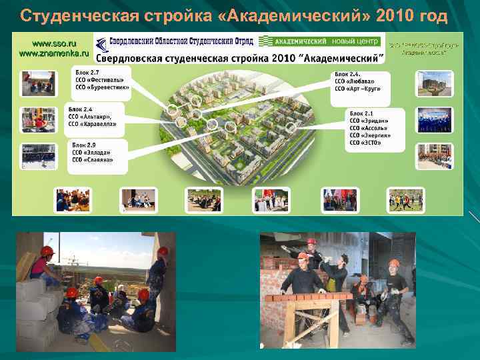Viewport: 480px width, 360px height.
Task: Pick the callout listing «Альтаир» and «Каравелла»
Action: pos(95,117)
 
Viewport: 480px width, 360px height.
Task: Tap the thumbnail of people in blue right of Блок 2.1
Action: pos(435,120)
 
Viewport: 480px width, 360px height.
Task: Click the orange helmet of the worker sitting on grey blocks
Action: pos(47,251)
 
